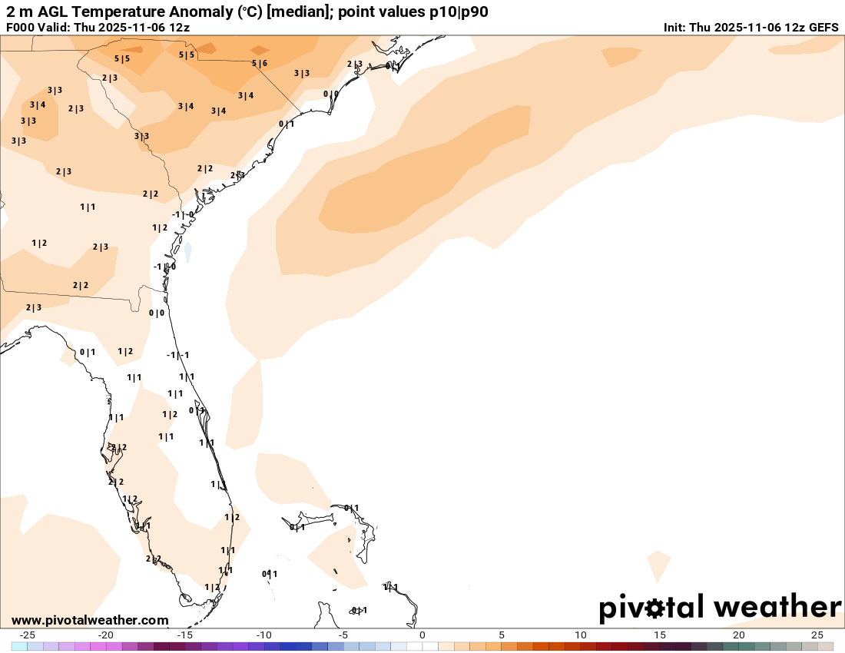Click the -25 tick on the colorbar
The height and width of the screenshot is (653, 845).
click(27, 635)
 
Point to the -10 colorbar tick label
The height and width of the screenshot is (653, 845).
click(263, 635)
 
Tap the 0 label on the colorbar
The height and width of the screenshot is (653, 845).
click(422, 635)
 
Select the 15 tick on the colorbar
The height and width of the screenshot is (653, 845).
click(660, 635)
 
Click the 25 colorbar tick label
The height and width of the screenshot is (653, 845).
click(817, 635)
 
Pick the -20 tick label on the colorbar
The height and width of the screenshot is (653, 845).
click(106, 635)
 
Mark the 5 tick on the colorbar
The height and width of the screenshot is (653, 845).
click(502, 635)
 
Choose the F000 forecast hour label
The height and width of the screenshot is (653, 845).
click(20, 27)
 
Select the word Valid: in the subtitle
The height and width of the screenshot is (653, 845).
click(55, 27)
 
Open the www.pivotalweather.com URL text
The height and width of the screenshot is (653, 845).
click(90, 620)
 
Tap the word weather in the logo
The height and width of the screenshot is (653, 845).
click(777, 607)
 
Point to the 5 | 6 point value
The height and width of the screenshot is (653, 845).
click(260, 64)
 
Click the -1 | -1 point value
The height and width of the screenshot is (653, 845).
click(178, 355)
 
